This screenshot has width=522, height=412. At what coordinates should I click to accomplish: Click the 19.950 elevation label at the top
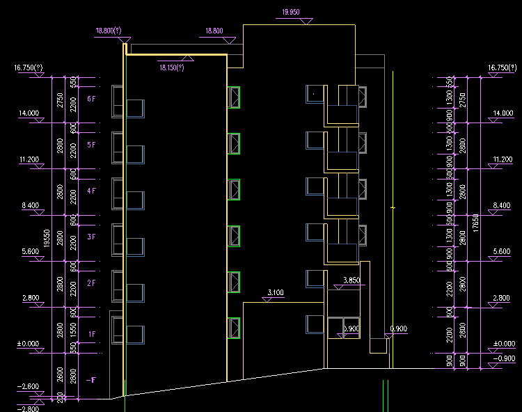click(x=290, y=12)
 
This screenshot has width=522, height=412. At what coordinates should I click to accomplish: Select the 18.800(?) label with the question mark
click(x=109, y=31)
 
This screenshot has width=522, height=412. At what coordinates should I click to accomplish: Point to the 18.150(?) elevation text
click(x=171, y=68)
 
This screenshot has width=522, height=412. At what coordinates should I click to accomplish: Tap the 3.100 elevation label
click(x=276, y=293)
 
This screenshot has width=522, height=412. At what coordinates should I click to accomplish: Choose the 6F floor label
click(x=91, y=100)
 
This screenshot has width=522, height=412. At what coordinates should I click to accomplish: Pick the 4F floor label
click(x=91, y=191)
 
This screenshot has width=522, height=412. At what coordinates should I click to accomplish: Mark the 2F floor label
click(x=91, y=283)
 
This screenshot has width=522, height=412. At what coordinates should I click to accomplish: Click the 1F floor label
click(x=91, y=335)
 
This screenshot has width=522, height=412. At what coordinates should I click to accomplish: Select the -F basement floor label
click(x=90, y=380)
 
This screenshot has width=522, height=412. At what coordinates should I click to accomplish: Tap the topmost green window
click(x=234, y=97)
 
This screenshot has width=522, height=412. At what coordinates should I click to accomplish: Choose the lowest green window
click(x=234, y=328)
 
